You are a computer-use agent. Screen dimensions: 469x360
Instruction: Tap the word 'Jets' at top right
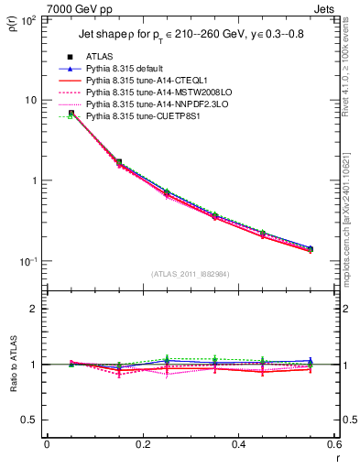pyautogui.click(x=322, y=7)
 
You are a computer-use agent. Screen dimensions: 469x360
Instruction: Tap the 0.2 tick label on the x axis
pyautogui.click(x=142, y=444)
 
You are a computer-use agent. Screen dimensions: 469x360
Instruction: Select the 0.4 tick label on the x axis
pyautogui.click(x=238, y=444)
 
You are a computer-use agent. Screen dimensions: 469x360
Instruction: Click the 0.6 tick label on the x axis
pyautogui.click(x=333, y=444)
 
